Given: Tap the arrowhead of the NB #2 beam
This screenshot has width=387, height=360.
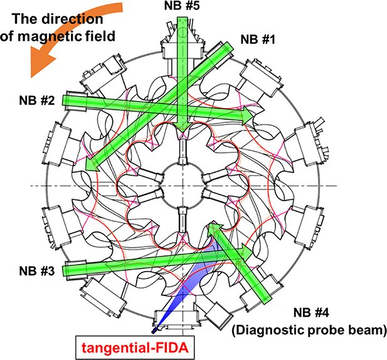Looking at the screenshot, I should click(250, 117).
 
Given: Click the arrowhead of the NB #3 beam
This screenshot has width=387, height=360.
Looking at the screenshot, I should click(247, 254).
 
